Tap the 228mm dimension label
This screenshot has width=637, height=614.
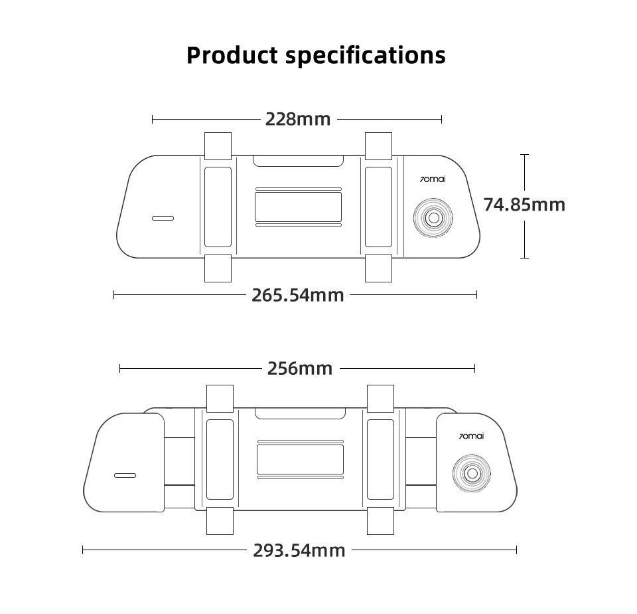coord(298,119)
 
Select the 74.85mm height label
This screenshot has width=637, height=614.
coord(524,204)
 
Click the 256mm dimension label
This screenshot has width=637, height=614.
coord(300,368)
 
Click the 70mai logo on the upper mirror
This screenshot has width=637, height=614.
coord(434,179)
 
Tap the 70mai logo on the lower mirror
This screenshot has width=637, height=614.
coord(472,436)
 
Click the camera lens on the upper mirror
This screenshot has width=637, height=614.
coord(434,217)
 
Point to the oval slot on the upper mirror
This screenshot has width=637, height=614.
coord(163,218)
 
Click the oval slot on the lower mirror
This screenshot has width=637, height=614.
coord(125,476)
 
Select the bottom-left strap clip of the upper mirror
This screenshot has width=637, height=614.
coord(218,268)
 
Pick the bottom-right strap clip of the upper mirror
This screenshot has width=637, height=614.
coord(379,268)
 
